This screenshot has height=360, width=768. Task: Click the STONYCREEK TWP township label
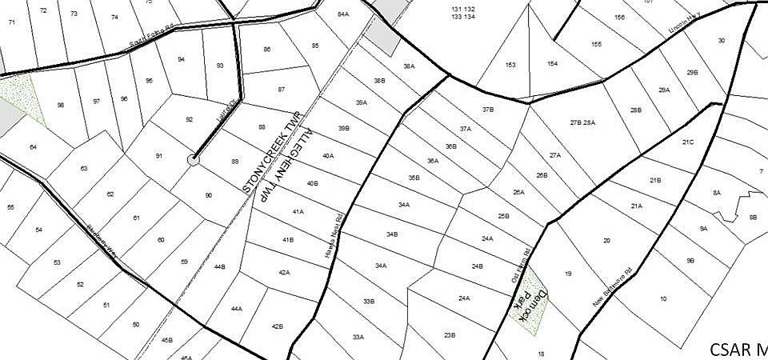pyautogui.click(x=270, y=152)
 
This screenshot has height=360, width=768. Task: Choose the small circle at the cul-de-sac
pyautogui.click(x=193, y=160)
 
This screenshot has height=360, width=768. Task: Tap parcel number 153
pyautogui.click(x=510, y=65)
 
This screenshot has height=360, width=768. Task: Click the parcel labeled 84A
pyautogui.click(x=343, y=14)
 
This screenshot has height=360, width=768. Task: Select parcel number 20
pyautogui.click(x=606, y=240)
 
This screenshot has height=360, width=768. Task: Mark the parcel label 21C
pyautogui.click(x=688, y=142)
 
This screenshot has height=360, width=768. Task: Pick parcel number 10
pyautogui.click(x=663, y=298)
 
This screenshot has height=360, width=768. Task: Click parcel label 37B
pyautogui.click(x=488, y=109)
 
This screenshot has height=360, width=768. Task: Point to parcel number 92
pyautogui.click(x=190, y=119)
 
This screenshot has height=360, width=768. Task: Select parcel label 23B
pyautogui.click(x=449, y=334)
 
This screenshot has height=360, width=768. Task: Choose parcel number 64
pyautogui.click(x=33, y=146)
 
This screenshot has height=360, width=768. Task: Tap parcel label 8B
pyautogui.click(x=752, y=217)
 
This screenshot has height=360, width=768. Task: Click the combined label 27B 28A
pyautogui.click(x=582, y=122)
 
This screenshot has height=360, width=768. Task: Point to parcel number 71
pyautogui.click(x=11, y=22)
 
